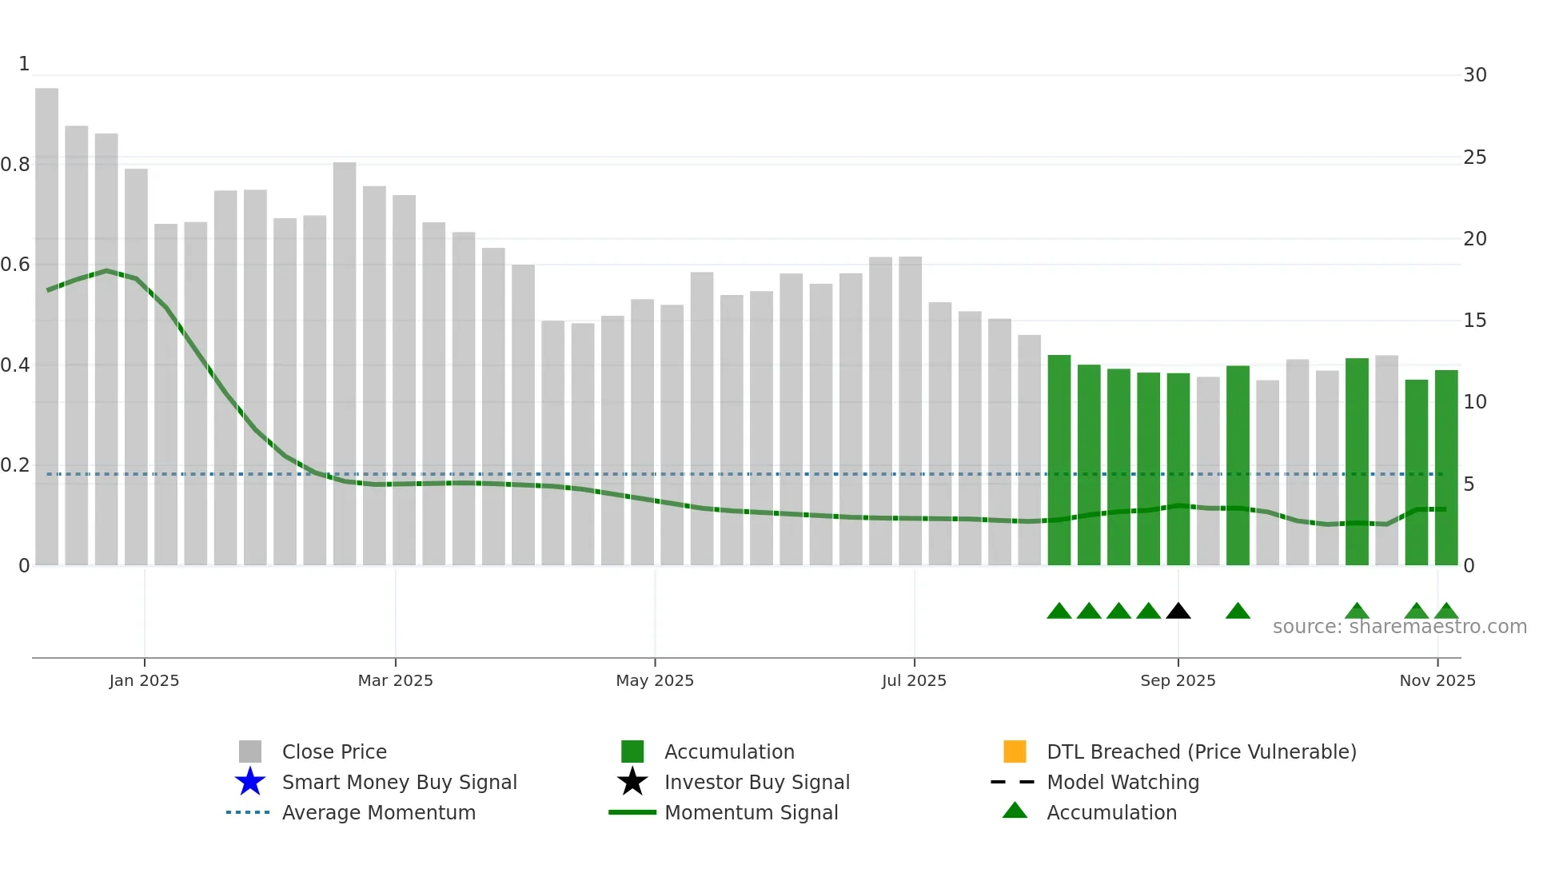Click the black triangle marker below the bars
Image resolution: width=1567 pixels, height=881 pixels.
point(1178,612)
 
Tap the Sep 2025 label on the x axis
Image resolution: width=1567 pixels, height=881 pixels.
point(1178,680)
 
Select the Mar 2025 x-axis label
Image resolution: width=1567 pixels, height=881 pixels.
point(395,680)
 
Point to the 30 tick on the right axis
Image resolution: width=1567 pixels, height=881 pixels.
point(1474,75)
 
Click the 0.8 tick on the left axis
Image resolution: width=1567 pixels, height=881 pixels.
point(16,165)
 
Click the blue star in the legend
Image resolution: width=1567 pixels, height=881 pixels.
point(250,782)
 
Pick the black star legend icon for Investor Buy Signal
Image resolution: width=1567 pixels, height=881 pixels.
point(632,782)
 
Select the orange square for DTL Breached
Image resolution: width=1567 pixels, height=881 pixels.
point(1015,751)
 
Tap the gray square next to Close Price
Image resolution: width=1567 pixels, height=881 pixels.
point(250,751)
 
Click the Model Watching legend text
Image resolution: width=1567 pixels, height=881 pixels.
point(1122,782)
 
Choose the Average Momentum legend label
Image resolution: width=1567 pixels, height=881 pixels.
point(378,812)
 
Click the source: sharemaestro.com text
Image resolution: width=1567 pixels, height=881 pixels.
point(1399,627)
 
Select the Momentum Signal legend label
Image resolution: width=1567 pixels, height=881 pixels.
point(751,812)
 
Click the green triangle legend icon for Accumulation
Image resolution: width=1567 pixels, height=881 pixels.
point(1015,811)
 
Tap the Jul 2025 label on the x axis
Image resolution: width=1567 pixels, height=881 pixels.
point(914,680)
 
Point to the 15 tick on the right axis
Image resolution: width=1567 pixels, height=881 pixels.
point(1474,321)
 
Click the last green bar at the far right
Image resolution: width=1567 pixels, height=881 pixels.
point(1445,468)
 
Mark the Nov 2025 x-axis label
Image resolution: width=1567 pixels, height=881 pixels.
point(1437,680)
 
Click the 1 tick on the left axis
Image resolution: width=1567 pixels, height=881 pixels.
point(24,64)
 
